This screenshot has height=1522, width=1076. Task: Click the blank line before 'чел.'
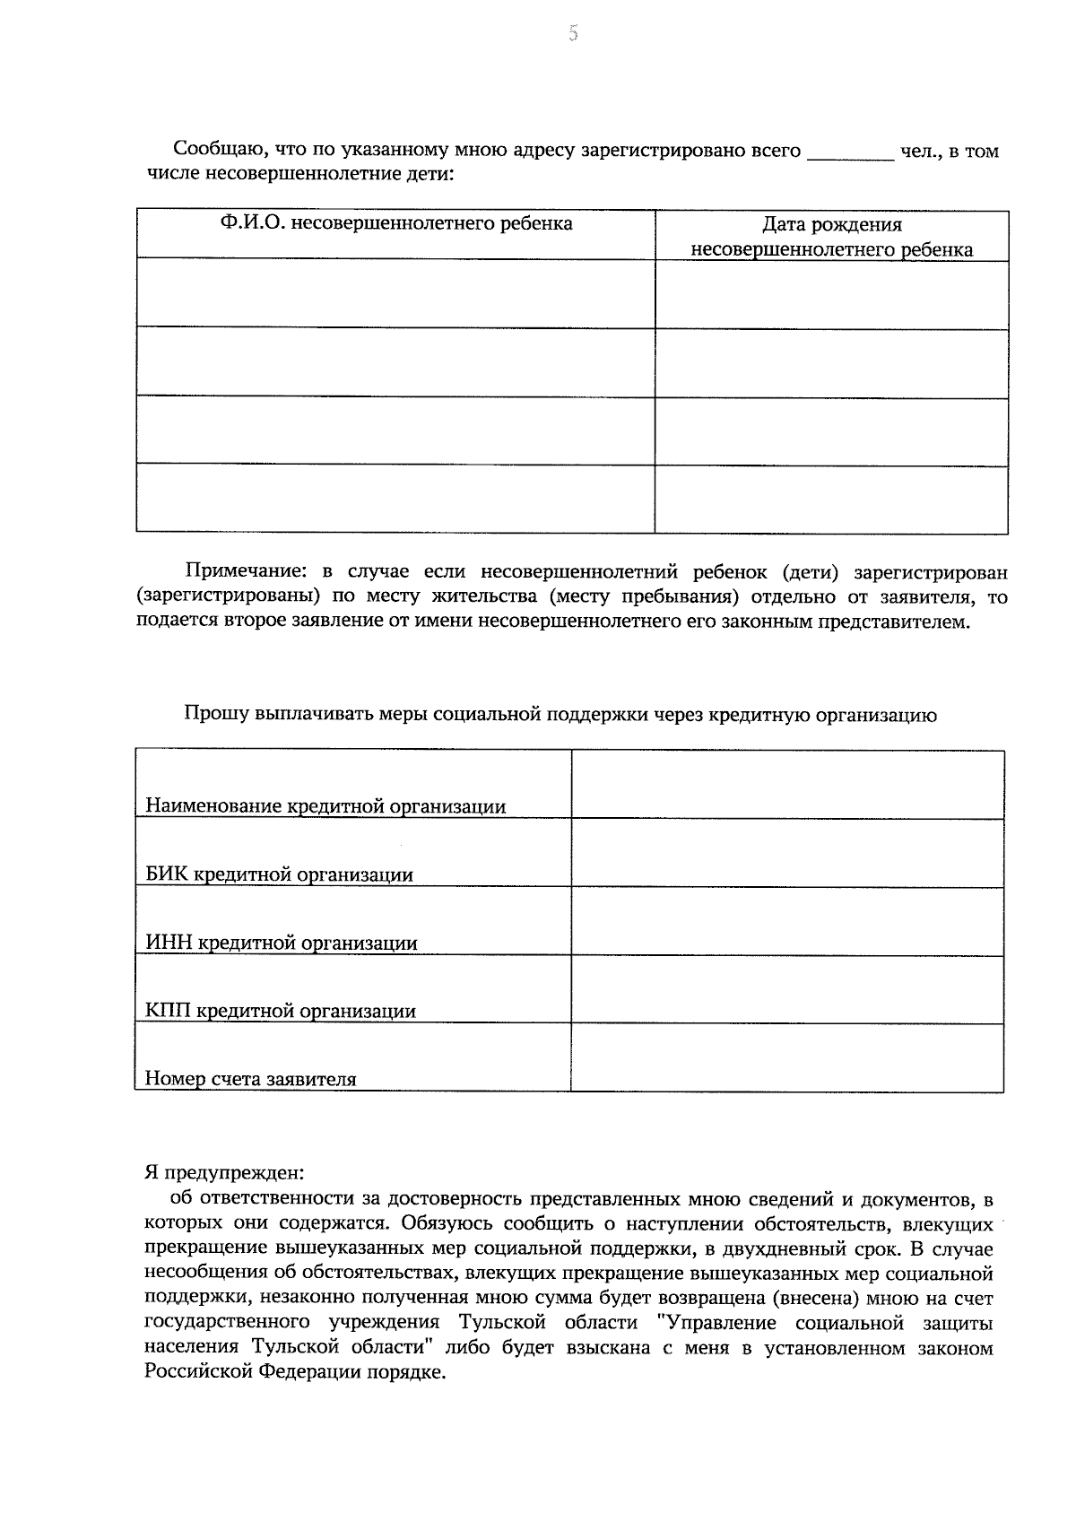pos(850,152)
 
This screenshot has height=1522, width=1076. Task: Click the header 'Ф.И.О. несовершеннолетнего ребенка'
pos(395,223)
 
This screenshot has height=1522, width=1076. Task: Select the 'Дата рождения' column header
pos(831,225)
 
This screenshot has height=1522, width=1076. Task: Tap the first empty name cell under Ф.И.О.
pos(395,294)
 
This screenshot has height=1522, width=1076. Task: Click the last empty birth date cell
pos(831,500)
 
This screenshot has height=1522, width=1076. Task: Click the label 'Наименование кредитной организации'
pos(325,806)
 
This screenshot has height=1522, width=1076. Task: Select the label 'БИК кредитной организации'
pos(279,874)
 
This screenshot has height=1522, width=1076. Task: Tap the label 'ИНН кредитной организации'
pos(281,943)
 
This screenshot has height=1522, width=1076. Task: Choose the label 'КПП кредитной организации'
pos(281,1011)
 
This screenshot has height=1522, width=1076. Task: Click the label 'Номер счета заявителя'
pos(251,1079)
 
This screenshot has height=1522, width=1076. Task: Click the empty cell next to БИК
pos(787,853)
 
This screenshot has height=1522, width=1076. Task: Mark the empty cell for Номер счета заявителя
pos(787,1057)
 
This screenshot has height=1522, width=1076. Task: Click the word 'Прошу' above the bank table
pos(216,715)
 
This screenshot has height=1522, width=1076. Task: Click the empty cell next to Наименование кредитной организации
pos(787,784)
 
